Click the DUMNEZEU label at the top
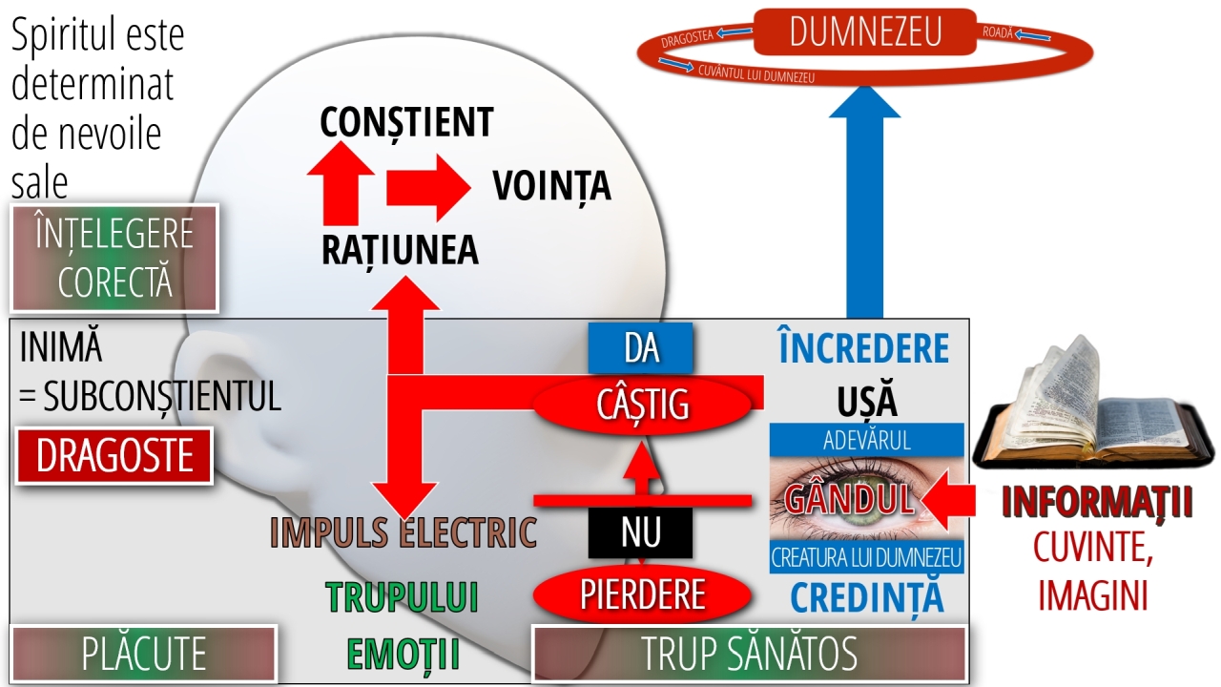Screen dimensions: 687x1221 (865, 31)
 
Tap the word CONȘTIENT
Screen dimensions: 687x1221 (406, 122)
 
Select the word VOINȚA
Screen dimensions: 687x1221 (551, 185)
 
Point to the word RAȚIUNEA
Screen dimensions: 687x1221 (400, 249)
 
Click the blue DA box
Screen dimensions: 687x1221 (641, 348)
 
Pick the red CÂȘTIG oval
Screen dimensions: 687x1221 (642, 405)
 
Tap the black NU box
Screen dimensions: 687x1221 (640, 531)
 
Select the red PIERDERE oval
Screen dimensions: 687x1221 (642, 593)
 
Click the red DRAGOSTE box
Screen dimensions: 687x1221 (114, 456)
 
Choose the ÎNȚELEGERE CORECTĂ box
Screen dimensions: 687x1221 (114, 258)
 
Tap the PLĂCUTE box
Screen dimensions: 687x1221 (143, 655)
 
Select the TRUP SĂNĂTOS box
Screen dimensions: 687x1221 (749, 655)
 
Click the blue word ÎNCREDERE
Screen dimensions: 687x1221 (863, 349)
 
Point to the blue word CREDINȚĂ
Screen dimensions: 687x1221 (867, 597)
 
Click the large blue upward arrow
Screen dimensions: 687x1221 (864, 210)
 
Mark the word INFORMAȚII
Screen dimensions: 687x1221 (1097, 504)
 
